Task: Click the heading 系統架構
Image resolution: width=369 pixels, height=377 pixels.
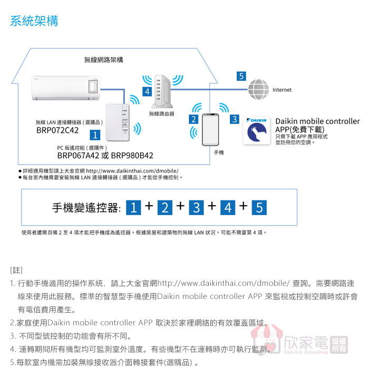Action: tap(34, 21)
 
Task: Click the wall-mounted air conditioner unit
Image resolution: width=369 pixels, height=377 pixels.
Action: tap(66, 86)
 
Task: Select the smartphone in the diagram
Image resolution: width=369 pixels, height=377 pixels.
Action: tap(210, 129)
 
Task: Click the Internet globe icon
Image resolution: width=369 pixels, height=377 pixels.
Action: tap(259, 90)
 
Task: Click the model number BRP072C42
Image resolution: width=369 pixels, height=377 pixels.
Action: tap(57, 130)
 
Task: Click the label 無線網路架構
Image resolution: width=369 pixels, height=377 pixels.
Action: tap(104, 60)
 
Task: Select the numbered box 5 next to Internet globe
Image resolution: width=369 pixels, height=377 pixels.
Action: tap(241, 76)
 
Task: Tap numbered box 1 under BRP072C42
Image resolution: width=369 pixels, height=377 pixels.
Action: tap(95, 136)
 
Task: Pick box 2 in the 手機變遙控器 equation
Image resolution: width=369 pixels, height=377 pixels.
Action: tap(164, 207)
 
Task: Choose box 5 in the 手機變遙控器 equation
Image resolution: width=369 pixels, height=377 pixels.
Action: tap(259, 207)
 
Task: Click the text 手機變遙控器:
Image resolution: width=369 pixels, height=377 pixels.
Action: tap(87, 207)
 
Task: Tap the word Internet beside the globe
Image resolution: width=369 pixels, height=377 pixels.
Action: tap(281, 90)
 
